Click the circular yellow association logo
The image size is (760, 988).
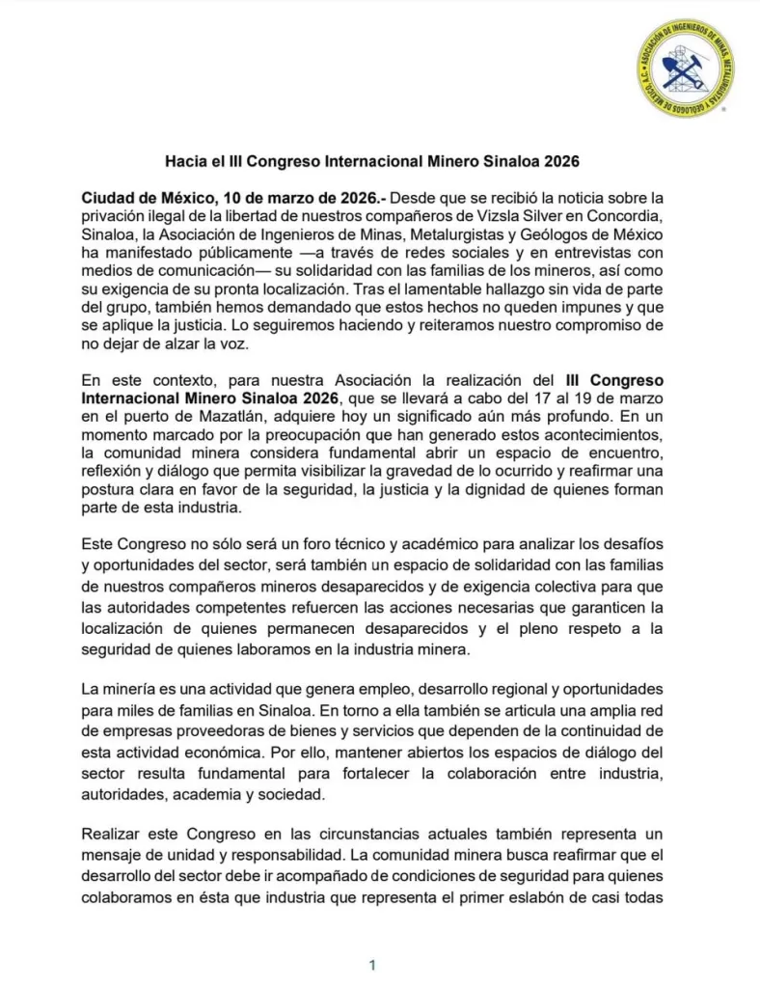pyautogui.click(x=686, y=69)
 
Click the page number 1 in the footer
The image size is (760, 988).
pyautogui.click(x=371, y=964)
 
